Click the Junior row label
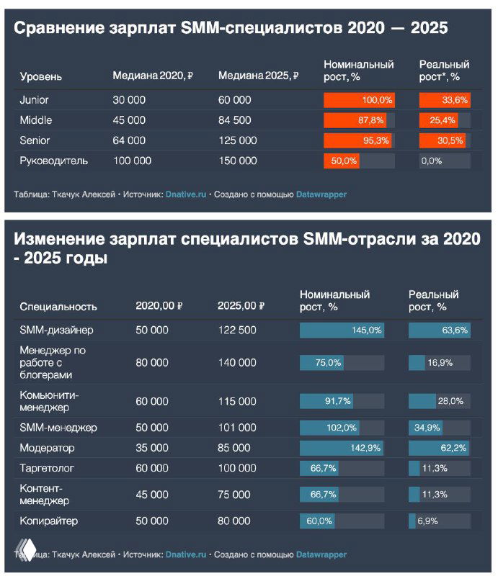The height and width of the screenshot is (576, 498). [x=34, y=100]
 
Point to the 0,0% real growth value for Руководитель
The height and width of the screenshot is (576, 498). [x=431, y=161]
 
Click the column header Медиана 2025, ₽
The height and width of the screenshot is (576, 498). [x=258, y=76]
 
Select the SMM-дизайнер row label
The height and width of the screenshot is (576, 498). [x=56, y=330]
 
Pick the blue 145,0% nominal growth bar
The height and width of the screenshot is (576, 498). [x=342, y=330]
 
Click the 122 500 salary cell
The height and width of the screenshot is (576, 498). [x=237, y=330]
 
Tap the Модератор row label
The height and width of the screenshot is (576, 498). [x=47, y=448]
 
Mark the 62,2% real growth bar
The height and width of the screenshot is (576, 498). [x=439, y=448]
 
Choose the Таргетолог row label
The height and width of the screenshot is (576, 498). [x=47, y=468]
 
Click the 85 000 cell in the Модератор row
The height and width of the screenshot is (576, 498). [x=234, y=448]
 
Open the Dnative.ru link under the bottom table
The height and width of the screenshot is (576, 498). [x=186, y=554]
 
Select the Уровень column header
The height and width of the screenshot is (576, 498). [x=40, y=76]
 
